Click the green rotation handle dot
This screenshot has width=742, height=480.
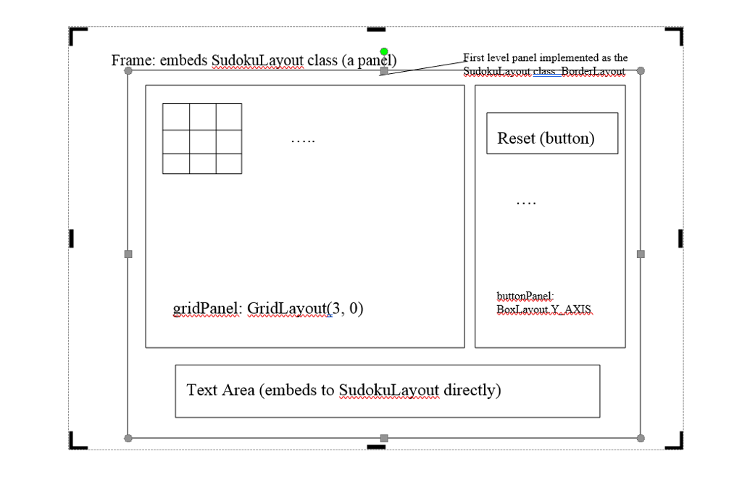coord(384,51)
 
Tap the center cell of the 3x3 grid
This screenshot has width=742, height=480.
coord(202,141)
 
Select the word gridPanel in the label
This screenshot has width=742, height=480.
coord(205,309)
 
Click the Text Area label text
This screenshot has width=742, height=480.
coord(343,390)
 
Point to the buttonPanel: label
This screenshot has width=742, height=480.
coord(525,296)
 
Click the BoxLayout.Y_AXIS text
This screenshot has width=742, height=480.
coord(543,310)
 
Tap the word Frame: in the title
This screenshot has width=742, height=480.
coord(133,60)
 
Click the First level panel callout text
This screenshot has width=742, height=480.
coord(545,58)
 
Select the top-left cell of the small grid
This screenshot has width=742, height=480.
coord(176,116)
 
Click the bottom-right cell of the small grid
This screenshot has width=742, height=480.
coord(228,164)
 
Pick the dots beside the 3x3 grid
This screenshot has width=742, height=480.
coord(303,140)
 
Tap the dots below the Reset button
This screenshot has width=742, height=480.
coord(526,203)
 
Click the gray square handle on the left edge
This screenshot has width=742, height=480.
coord(128,254)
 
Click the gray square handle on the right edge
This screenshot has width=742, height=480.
coord(641,254)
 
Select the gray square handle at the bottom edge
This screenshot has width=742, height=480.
coord(384,438)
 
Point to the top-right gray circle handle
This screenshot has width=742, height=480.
coord(641,70)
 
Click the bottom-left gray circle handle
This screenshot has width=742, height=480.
coord(128,438)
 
